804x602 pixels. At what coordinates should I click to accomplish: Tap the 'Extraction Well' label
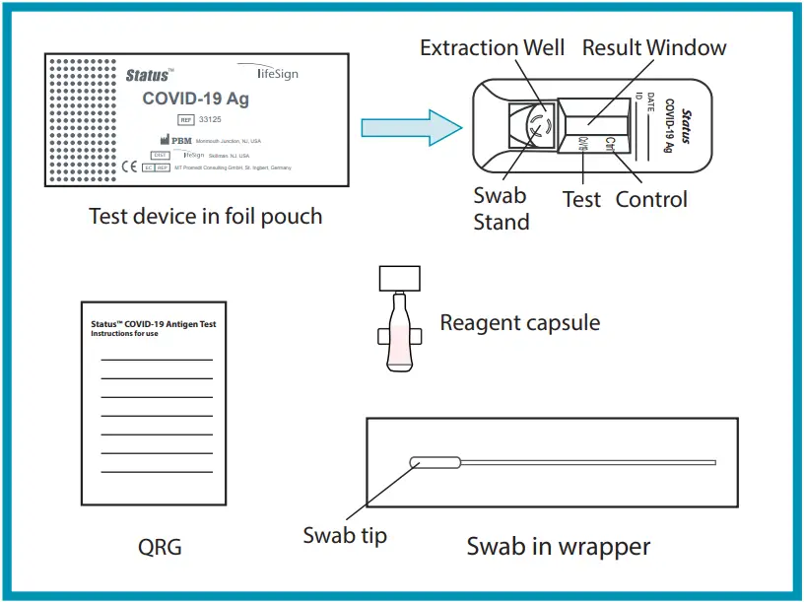(492, 47)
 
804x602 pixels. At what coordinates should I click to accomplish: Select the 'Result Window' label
(654, 47)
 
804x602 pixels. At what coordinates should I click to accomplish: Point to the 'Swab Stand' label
(501, 209)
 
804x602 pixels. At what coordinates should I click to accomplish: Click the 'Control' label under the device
(651, 199)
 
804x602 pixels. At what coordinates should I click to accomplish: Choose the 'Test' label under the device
(581, 199)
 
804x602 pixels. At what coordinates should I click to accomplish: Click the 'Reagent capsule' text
(519, 322)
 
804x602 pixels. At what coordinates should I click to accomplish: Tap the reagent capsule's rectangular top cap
(399, 278)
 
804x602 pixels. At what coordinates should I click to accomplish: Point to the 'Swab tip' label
(345, 535)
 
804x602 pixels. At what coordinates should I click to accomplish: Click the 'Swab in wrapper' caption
(558, 545)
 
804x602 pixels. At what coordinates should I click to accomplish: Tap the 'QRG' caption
(160, 547)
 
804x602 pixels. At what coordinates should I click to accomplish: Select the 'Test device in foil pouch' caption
(205, 216)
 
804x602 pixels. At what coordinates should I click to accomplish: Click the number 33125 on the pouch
(210, 119)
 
